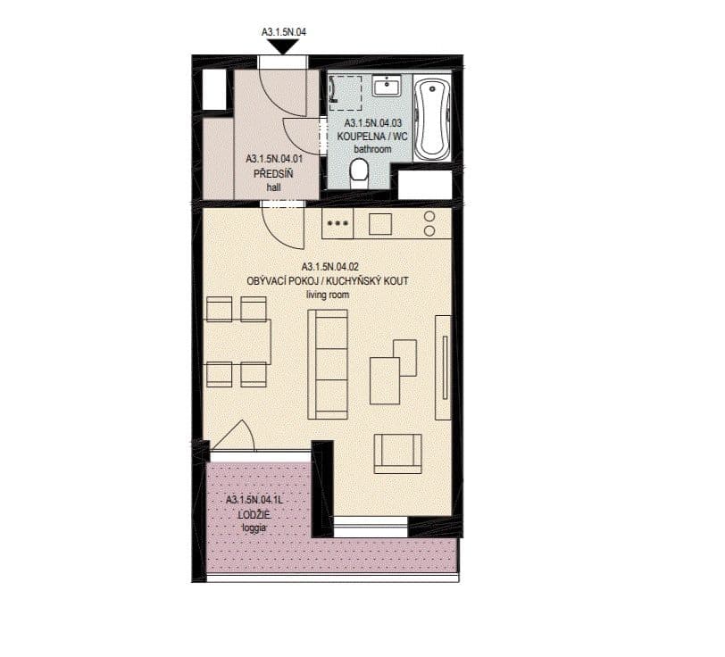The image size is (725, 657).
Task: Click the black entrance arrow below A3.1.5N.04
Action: (282, 46)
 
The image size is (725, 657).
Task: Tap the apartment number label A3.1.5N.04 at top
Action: (283, 32)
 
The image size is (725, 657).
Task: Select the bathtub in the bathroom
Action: (434, 118)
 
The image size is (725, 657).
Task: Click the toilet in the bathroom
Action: (360, 170)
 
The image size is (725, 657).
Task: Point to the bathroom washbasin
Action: (387, 87)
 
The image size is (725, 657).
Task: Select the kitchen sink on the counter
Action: (380, 223)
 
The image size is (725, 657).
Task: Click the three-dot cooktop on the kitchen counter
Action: (337, 223)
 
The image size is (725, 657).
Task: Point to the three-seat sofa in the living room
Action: (327, 363)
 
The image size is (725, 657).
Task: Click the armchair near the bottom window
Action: (397, 453)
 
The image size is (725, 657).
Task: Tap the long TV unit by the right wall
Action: (443, 367)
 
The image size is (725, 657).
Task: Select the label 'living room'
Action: (328, 294)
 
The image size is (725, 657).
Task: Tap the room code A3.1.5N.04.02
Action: (329, 267)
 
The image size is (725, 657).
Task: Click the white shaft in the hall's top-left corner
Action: (215, 89)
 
